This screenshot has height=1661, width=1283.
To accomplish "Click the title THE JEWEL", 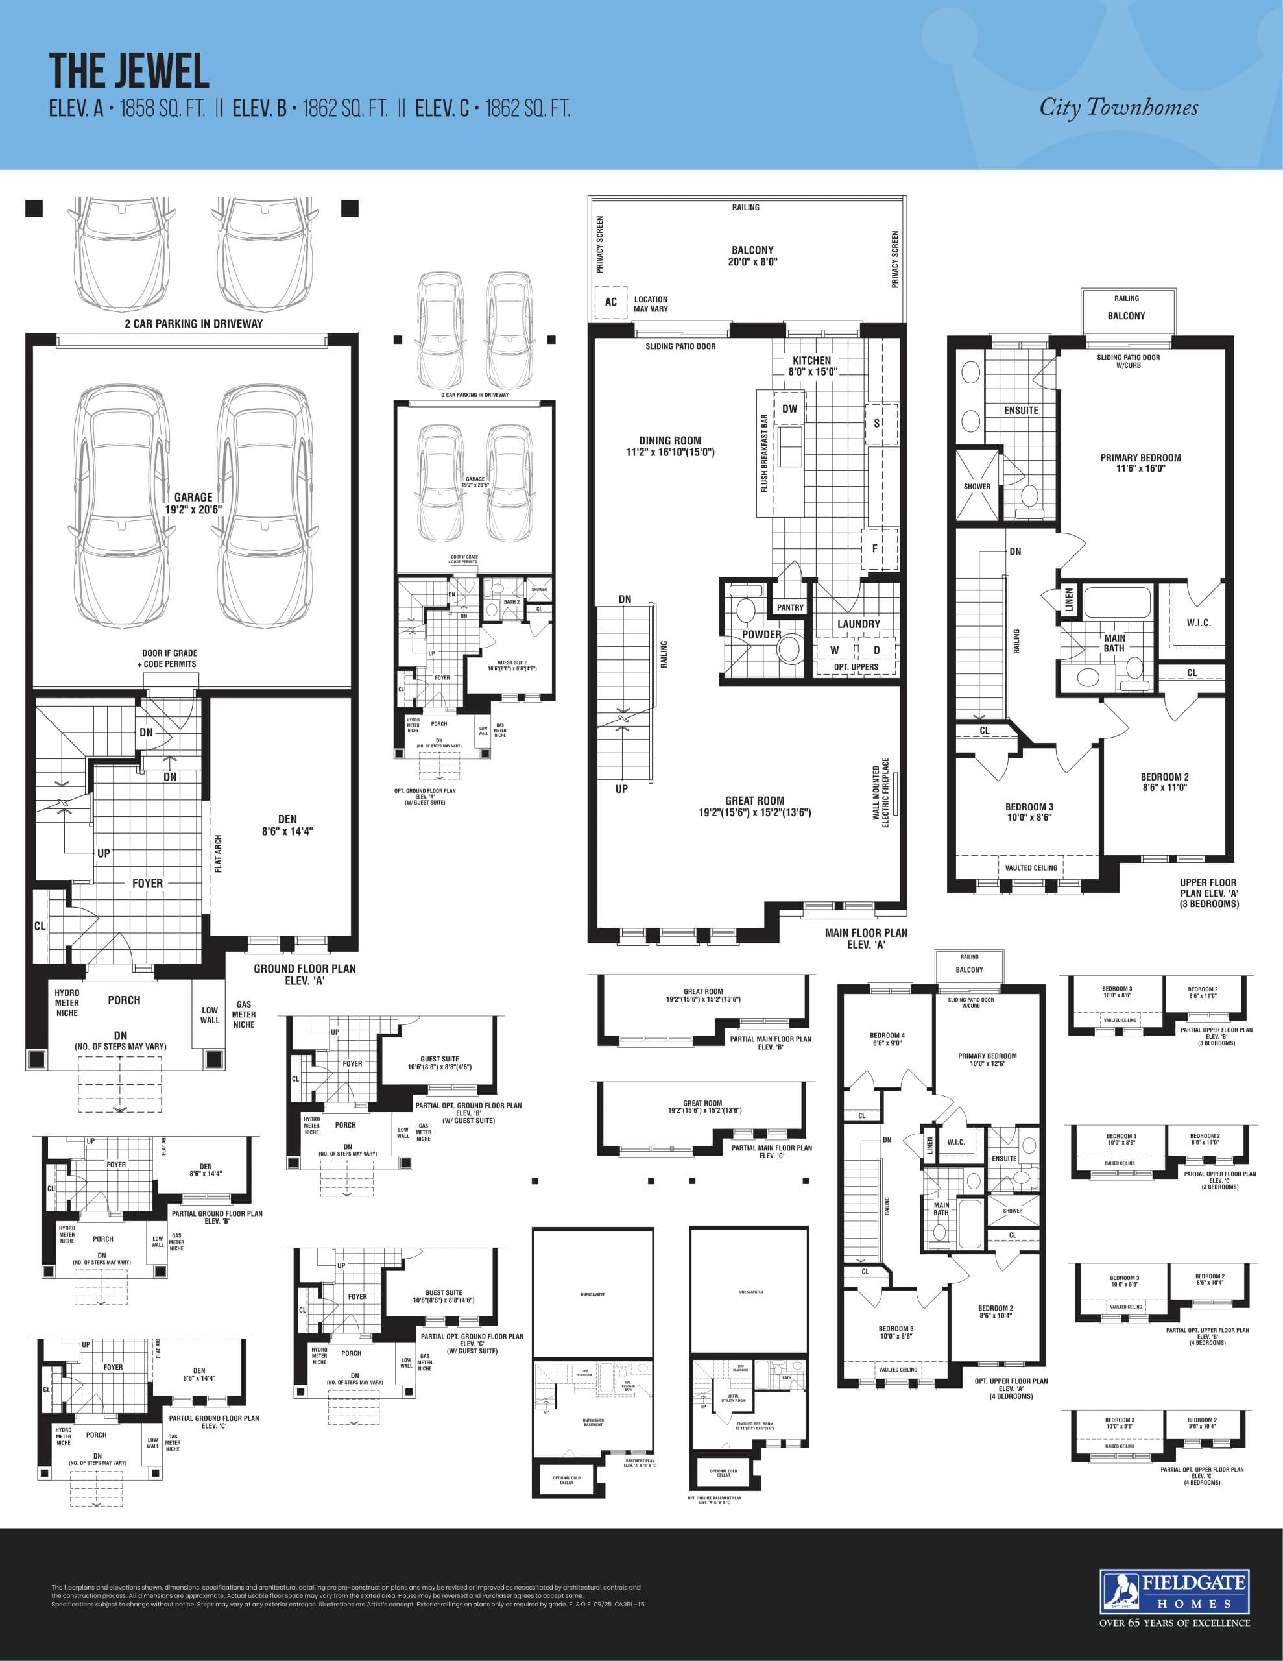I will click(129, 71).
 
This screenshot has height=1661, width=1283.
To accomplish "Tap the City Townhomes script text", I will click(1118, 107).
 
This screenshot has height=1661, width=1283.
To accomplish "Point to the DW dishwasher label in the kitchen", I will click(790, 408).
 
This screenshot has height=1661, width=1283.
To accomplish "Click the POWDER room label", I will click(761, 635).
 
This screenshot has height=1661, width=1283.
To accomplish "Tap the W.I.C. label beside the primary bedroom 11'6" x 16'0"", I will click(1199, 623).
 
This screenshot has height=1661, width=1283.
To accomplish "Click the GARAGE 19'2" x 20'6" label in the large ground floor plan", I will click(193, 503).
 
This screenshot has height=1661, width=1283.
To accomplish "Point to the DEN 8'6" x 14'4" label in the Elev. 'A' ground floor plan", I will click(287, 825).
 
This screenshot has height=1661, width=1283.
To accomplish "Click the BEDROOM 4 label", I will click(887, 1039).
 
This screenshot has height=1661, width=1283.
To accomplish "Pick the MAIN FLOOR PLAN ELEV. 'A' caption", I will click(866, 938).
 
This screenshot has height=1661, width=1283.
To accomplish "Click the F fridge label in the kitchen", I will click(874, 548).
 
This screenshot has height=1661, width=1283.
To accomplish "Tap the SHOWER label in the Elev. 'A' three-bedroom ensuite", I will click(977, 486).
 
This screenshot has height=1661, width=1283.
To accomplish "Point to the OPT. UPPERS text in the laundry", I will click(856, 667).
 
